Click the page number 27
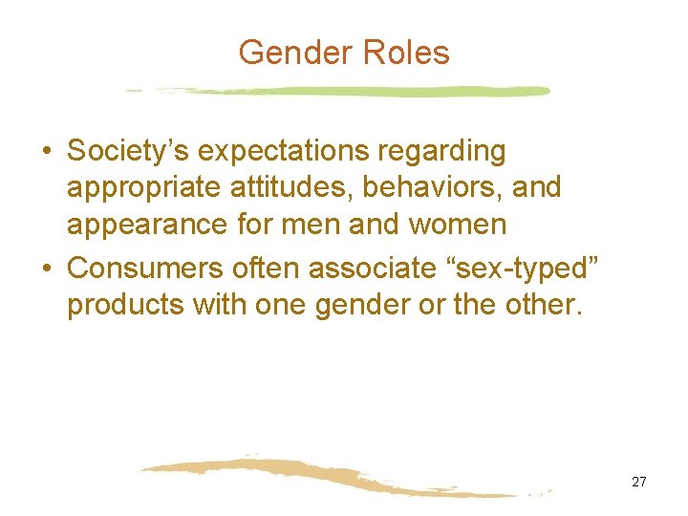(x=638, y=482)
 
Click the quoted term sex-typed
(x=517, y=269)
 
